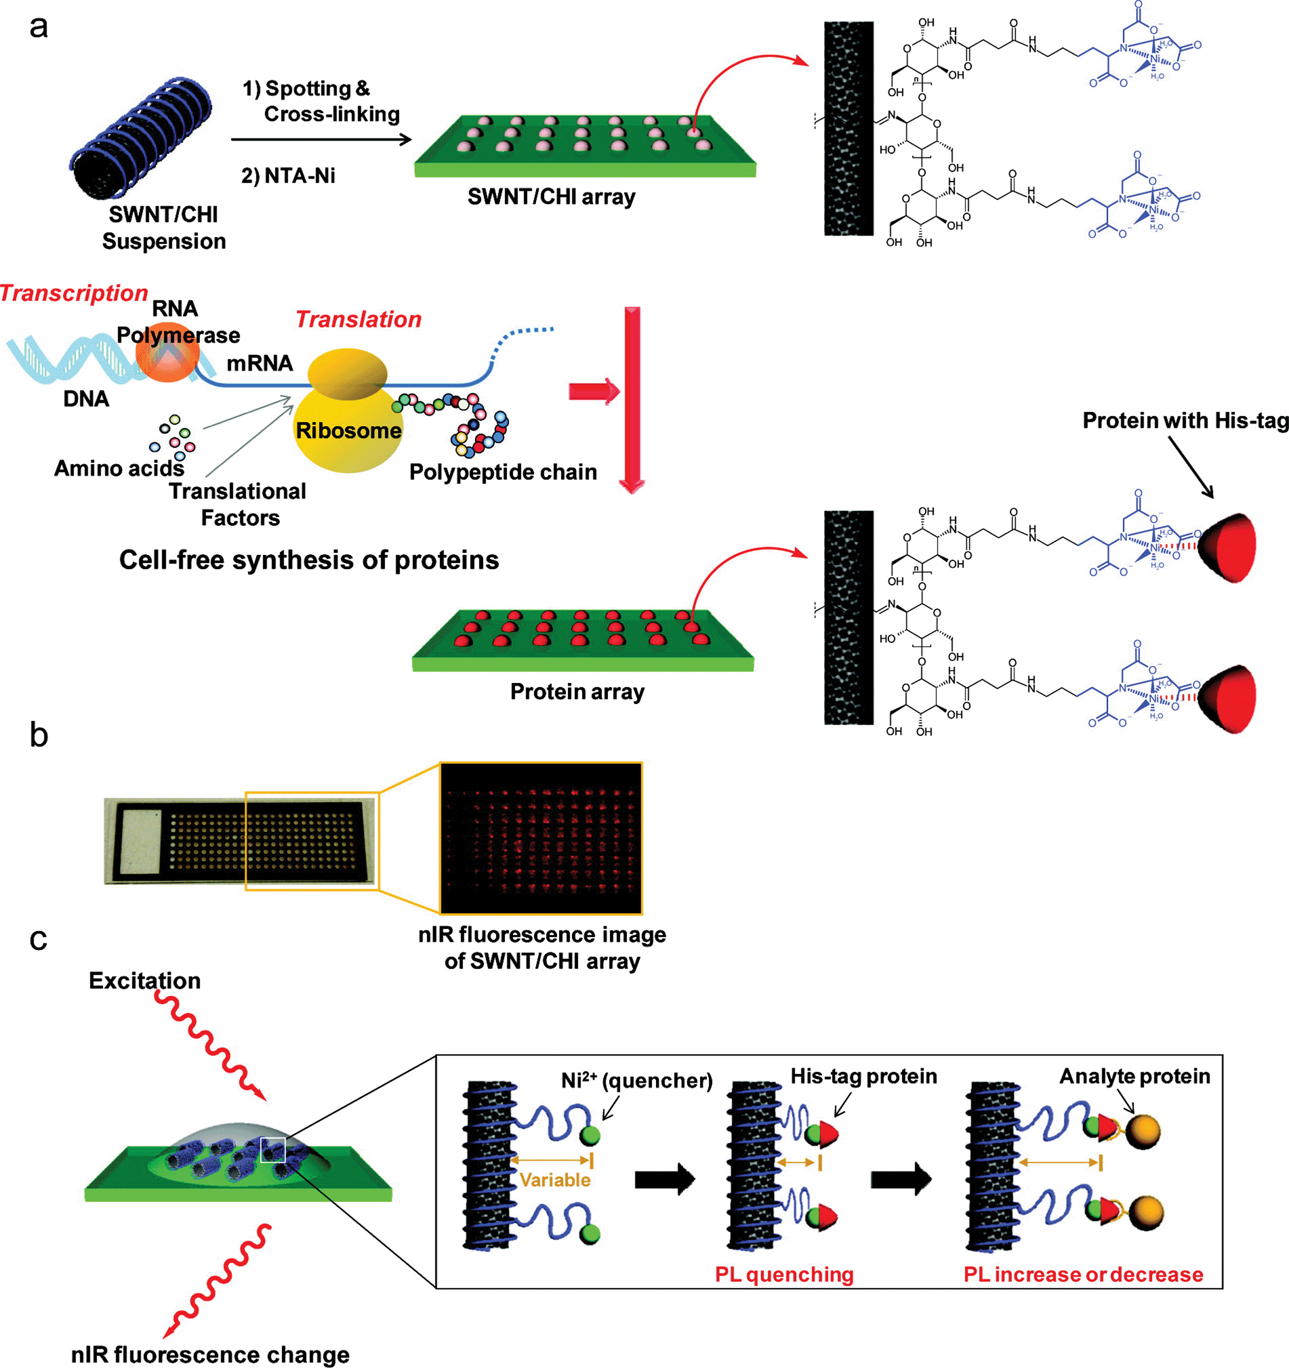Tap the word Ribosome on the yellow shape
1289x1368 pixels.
click(348, 431)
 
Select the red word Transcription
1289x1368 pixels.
click(74, 293)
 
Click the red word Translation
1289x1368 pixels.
click(359, 319)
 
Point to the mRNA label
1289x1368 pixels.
click(260, 362)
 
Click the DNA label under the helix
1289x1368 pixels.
click(86, 398)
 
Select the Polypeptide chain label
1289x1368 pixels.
click(503, 472)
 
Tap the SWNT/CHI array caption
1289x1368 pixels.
click(551, 196)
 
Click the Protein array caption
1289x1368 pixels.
click(577, 691)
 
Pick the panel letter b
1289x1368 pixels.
click(39, 735)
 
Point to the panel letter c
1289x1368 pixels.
click(39, 938)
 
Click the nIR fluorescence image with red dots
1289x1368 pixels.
click(541, 837)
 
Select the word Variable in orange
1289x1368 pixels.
click(554, 1180)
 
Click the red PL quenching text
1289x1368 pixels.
click(784, 1274)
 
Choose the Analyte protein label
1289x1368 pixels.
click(1135, 1076)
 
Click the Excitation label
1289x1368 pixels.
click(144, 980)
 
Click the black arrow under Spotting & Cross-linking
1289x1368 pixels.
click(321, 140)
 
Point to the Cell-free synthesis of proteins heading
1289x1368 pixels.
click(309, 560)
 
